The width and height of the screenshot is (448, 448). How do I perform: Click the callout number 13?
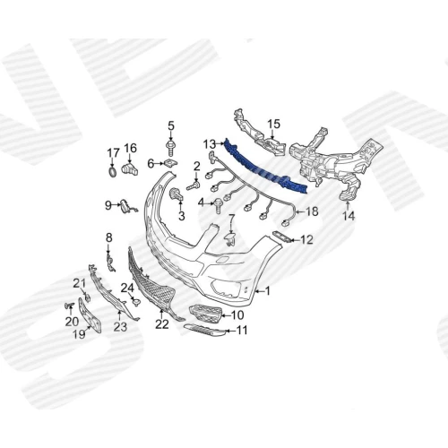pos(209,144)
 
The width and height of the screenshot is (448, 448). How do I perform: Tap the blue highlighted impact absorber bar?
pos(266,168)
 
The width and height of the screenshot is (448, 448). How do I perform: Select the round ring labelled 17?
pos(113,172)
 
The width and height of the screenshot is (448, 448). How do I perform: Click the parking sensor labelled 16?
pos(130,169)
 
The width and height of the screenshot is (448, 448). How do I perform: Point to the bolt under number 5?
pos(170,149)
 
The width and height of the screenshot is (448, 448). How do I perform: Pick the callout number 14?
pos(349,216)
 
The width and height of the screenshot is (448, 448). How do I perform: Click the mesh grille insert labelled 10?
pos(206,314)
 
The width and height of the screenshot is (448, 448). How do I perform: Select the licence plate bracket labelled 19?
pos(90,314)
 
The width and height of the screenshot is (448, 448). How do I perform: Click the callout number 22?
pos(162,324)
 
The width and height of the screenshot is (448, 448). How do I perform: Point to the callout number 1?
pos(267,290)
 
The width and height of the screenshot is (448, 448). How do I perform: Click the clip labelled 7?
pos(230,238)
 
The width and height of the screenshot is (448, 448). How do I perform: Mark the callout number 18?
pos(312,211)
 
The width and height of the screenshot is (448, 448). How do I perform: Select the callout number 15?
pos(274,124)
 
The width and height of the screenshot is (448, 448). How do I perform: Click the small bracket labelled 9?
pos(125,207)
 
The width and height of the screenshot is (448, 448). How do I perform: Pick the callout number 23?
pos(120,326)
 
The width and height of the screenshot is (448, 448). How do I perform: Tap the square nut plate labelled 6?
pos(169,163)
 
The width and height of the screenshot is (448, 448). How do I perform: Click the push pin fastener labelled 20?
pos(70,306)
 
